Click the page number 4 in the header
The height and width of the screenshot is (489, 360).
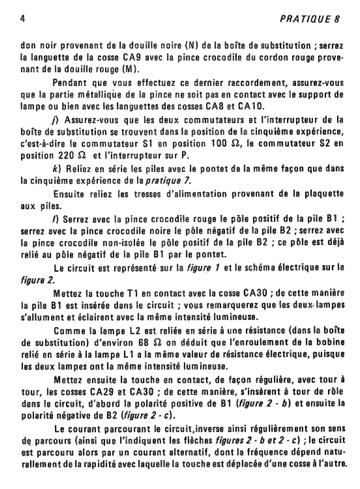click(22, 20)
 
